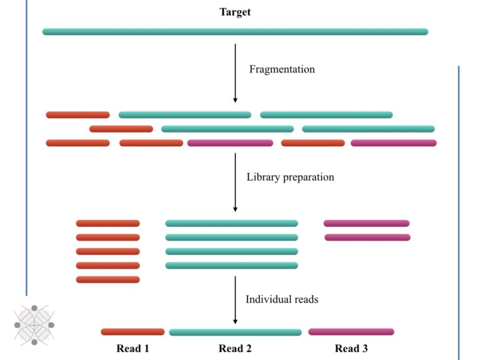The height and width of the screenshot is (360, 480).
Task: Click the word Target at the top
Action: tap(235, 12)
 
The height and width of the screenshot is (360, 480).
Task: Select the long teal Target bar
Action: tap(235, 31)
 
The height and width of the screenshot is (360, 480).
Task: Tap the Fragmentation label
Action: tap(282, 69)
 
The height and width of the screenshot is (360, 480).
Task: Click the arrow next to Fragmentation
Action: tap(235, 72)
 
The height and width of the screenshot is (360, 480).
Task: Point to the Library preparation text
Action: tap(290, 177)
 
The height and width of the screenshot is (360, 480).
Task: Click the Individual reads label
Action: tap(282, 299)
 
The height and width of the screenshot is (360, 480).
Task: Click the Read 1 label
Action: tap(132, 348)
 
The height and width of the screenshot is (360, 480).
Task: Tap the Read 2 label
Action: tap(235, 348)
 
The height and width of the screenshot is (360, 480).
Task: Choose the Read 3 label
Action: tap(351, 348)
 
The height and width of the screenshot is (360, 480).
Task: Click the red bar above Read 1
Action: tap(132, 332)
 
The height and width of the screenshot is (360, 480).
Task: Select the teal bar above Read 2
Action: tap(235, 332)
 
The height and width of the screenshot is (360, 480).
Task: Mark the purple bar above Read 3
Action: tap(351, 332)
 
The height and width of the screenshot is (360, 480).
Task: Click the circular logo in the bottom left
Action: tap(34, 325)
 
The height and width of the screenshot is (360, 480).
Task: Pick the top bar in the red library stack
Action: tap(107, 223)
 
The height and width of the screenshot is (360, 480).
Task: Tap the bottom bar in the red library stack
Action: tap(107, 279)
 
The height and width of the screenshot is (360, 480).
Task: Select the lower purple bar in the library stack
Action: tap(367, 237)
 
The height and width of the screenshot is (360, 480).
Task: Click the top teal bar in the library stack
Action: tap(231, 223)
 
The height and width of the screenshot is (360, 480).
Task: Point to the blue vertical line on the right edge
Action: tap(459, 212)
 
